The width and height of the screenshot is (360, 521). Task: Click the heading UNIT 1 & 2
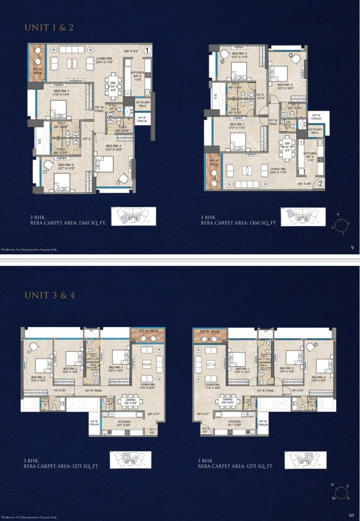[49, 27]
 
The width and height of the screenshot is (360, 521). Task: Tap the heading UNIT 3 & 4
[49, 296]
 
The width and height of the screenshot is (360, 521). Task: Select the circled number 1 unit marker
[147, 50]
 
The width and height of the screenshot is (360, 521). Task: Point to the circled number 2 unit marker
[320, 184]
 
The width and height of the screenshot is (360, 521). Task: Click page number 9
[352, 247]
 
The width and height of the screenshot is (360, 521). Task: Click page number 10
[351, 515]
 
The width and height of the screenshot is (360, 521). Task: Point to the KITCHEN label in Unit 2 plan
[310, 156]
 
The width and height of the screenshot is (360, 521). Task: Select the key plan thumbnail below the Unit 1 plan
[130, 216]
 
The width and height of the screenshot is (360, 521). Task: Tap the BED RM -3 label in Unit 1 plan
[114, 148]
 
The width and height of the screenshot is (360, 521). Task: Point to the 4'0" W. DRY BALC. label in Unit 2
[315, 131]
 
